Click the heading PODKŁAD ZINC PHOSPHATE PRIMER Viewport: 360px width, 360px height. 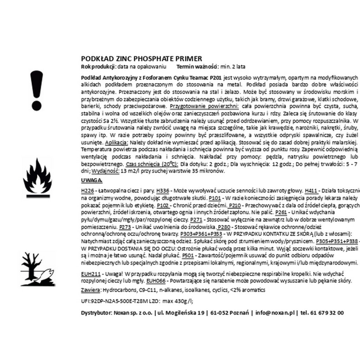coord(138,58)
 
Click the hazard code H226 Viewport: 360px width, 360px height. coord(88,191)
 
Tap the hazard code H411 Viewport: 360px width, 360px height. coord(312,191)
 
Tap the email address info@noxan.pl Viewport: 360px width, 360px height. coord(275,313)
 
